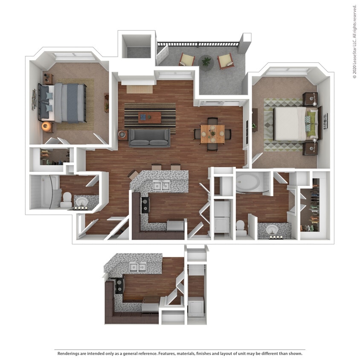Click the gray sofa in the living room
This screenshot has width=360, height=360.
149,137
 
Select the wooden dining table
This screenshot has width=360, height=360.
212,134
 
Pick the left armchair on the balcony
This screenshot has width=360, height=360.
186,59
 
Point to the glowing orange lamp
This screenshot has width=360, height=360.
46,126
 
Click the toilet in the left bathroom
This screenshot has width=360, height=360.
67,200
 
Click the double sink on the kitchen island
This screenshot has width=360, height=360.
160,185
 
